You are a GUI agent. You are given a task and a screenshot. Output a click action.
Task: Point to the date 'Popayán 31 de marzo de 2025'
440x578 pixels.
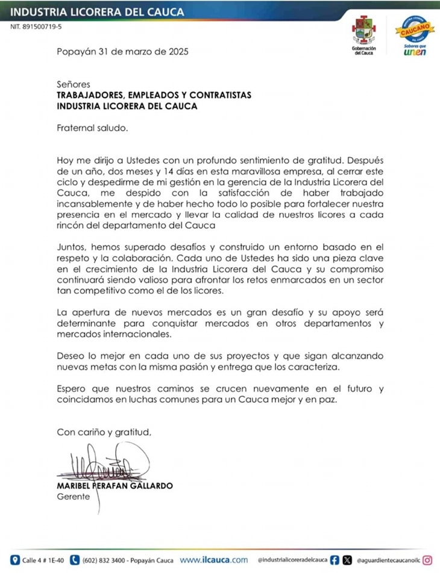pos(122,52)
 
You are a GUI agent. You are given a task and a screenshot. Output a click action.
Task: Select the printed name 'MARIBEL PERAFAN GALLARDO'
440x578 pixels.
pos(115,486)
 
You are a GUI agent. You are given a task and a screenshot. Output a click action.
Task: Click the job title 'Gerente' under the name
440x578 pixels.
pos(73,497)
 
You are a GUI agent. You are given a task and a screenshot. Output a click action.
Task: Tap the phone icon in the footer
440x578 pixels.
pos(75,560)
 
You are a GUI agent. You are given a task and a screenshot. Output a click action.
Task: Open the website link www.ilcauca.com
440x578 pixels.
pos(214,560)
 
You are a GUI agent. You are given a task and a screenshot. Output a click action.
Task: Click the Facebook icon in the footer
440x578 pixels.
pos(335,560)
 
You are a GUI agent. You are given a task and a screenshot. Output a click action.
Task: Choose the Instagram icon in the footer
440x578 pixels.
pos(427,560)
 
